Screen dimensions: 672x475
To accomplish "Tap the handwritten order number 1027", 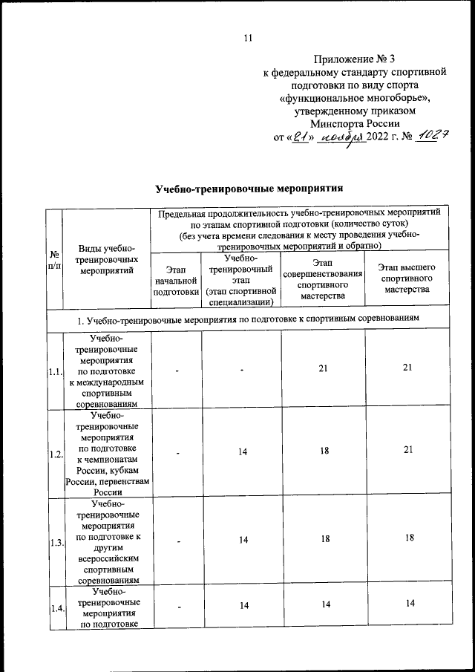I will coord(430,137).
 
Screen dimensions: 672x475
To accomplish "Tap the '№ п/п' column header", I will coord(53,259).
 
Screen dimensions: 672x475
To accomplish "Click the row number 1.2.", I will coord(53,454).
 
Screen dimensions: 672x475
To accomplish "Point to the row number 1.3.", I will coord(53,543).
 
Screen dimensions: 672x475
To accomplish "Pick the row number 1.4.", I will coord(53,608).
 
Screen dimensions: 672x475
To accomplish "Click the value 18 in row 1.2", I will coord(323,451).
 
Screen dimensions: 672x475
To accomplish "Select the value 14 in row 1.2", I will coord(241,451).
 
